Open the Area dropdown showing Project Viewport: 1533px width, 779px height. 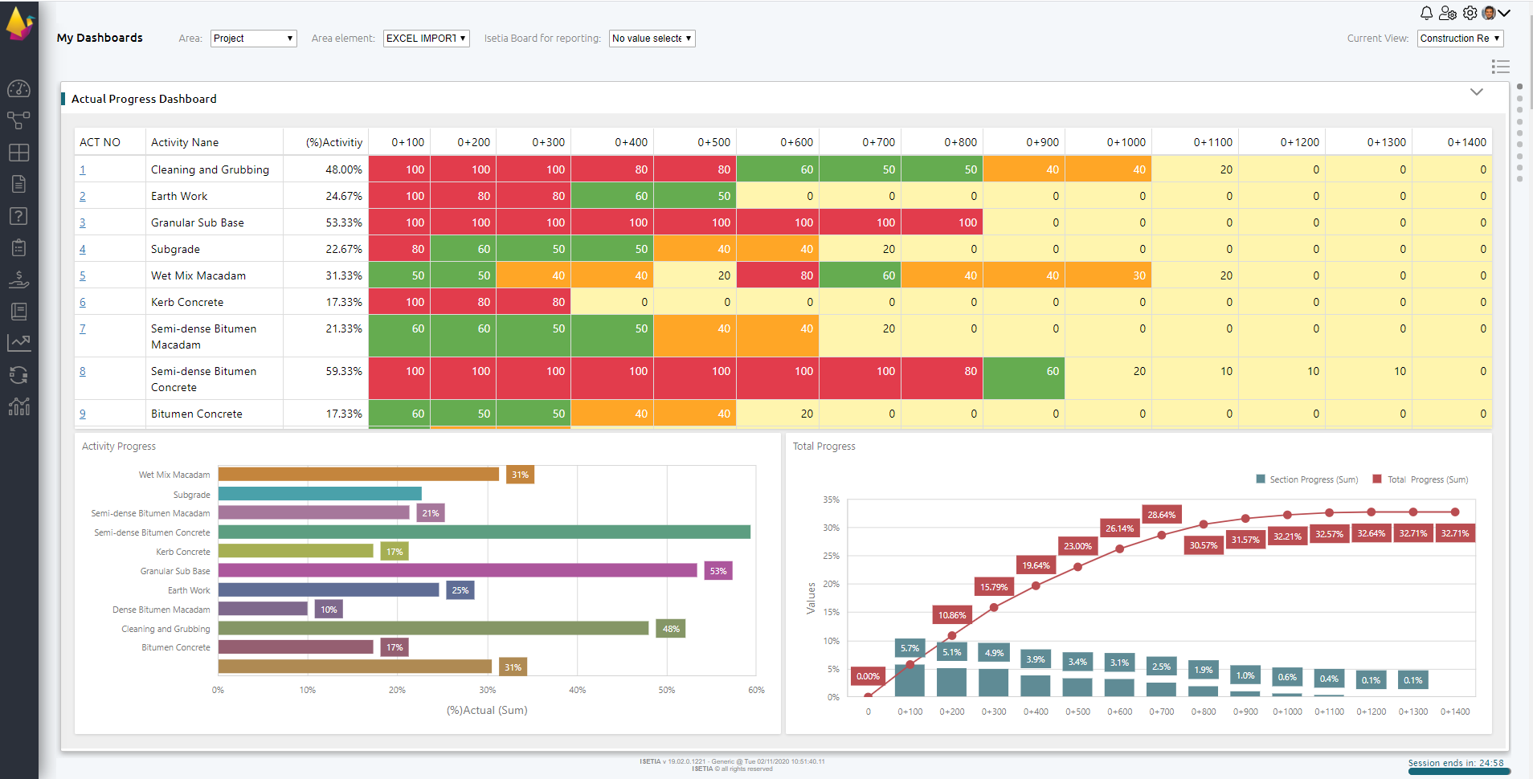[x=253, y=39]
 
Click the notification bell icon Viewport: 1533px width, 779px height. [x=1426, y=13]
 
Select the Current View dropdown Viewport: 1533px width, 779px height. [x=1459, y=39]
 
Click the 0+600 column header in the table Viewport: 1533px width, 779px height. [x=795, y=142]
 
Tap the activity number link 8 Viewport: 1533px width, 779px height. [x=83, y=371]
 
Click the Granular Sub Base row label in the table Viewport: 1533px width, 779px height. [x=197, y=222]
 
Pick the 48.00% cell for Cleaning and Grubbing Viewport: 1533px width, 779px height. [x=343, y=169]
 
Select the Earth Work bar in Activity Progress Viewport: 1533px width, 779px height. [x=328, y=589]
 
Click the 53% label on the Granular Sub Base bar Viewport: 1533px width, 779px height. [x=717, y=571]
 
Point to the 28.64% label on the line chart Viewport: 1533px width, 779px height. [x=1161, y=515]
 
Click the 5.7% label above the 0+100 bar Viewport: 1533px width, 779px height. [x=910, y=648]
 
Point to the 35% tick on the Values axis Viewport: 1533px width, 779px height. [x=831, y=500]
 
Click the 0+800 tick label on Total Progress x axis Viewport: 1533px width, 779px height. [x=1203, y=712]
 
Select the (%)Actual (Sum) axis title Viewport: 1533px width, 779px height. [x=487, y=710]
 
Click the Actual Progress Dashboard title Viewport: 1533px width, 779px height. [x=144, y=99]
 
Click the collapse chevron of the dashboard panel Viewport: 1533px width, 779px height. [x=1476, y=92]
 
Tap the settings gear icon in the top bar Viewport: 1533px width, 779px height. [x=1470, y=13]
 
